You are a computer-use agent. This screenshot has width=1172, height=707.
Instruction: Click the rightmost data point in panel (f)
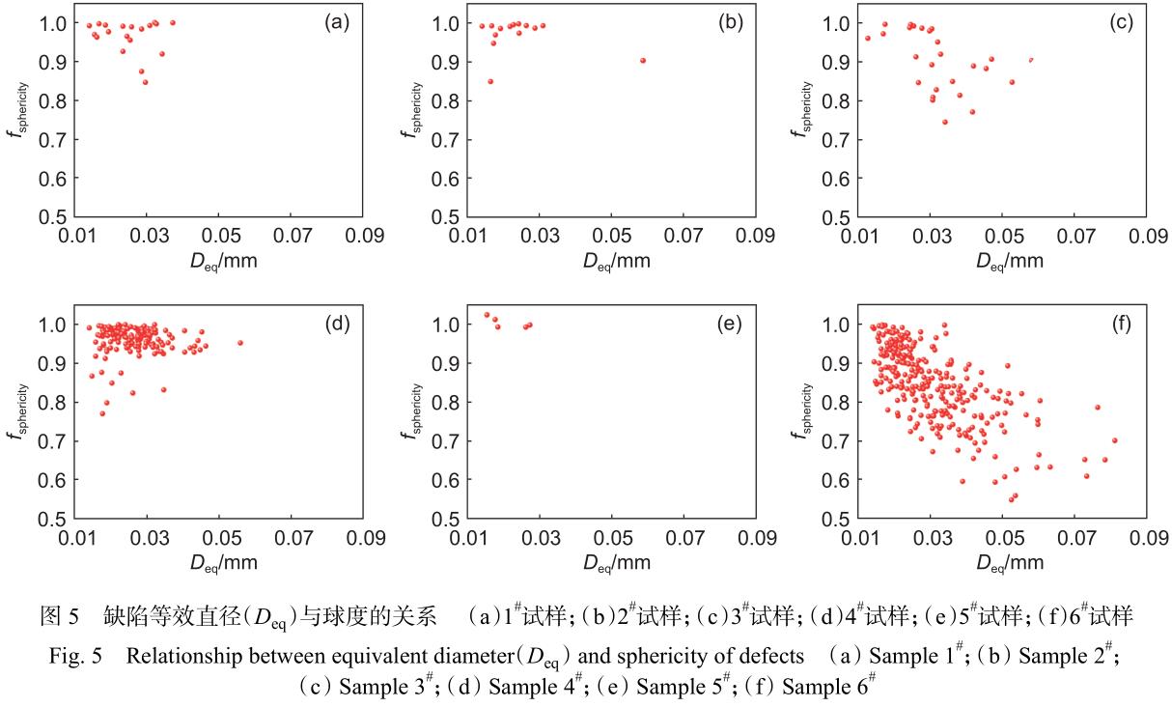click(x=1114, y=440)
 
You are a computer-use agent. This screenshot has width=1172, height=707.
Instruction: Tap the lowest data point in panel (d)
click(x=102, y=413)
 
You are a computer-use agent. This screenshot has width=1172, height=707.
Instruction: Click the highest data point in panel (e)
click(x=487, y=315)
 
